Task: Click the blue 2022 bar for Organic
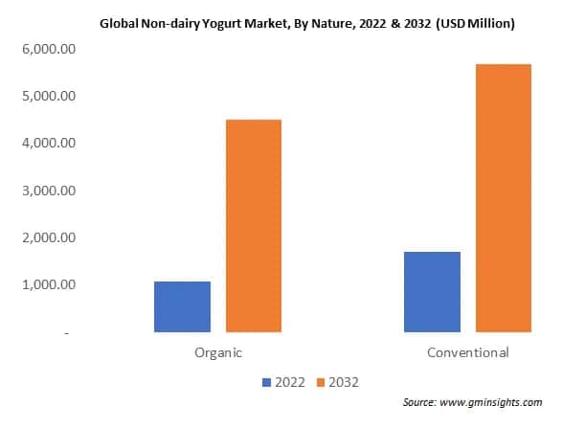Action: tap(182, 306)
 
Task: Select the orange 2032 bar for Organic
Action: tap(253, 226)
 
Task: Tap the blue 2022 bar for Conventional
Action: tap(432, 292)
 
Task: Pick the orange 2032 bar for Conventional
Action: tap(503, 198)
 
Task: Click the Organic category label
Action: tap(217, 352)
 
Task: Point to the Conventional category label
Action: tap(468, 352)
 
